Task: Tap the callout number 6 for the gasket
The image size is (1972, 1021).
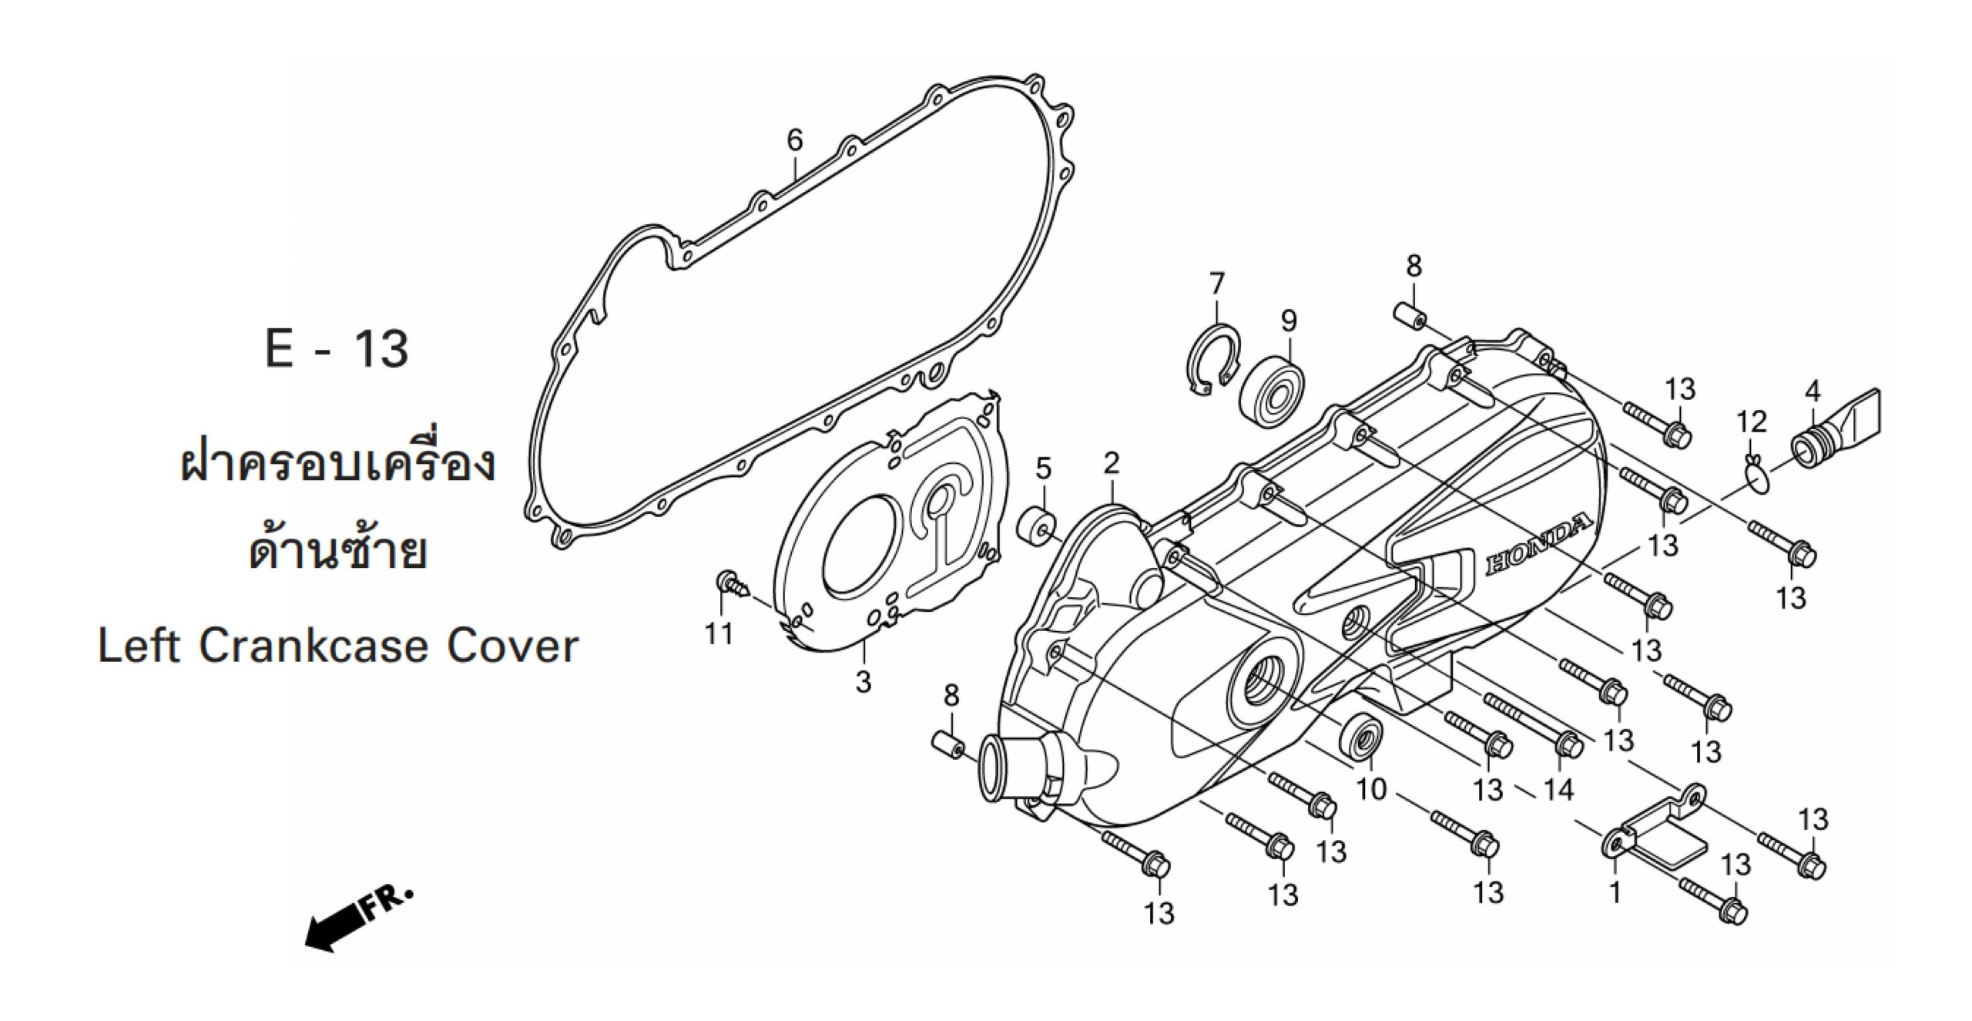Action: click(x=794, y=140)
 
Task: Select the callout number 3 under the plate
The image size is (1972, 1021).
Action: click(x=863, y=681)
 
